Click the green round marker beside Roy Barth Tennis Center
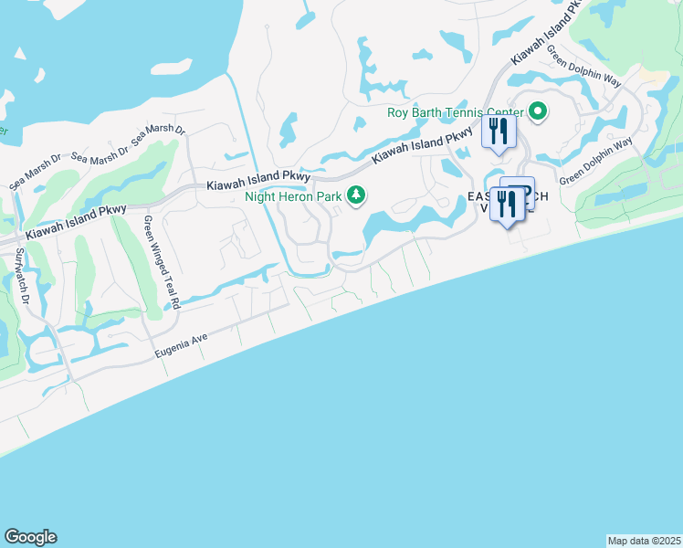538,114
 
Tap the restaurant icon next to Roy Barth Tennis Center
499,131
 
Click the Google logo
30,537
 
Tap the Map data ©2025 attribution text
644,541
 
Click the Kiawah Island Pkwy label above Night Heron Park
259,178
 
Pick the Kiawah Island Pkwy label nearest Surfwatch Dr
76,223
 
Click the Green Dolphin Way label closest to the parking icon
595,161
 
